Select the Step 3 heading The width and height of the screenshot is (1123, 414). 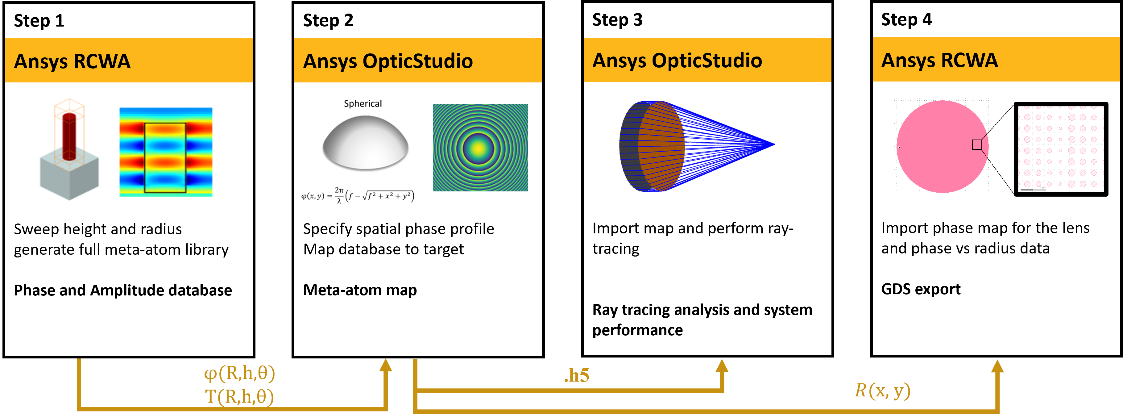click(617, 20)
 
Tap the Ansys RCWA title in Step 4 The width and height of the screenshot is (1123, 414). click(939, 60)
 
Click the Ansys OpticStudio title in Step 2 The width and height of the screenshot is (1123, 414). click(388, 61)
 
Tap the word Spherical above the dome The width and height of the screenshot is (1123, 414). click(363, 104)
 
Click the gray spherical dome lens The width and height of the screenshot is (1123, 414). click(365, 143)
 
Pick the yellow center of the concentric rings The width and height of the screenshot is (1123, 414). click(479, 148)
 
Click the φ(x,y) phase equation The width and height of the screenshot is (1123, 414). click(358, 195)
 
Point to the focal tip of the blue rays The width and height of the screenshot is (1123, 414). click(773, 144)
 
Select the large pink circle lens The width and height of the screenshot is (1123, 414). click(943, 147)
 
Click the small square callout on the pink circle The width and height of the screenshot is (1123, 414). click(977, 144)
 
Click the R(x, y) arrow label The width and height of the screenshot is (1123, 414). click(883, 391)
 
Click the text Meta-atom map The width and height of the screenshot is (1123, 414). click(360, 290)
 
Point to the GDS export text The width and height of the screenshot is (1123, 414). click(921, 289)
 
